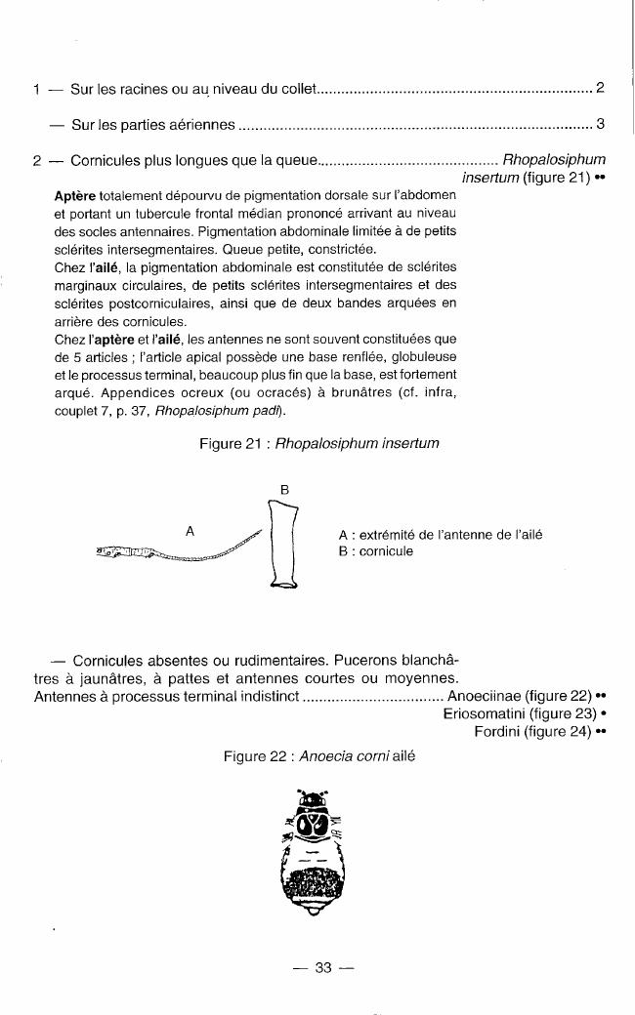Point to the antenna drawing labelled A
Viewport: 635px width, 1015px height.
[x=181, y=551]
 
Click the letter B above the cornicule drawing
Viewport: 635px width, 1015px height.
[x=284, y=489]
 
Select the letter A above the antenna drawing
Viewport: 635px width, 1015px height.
[x=190, y=530]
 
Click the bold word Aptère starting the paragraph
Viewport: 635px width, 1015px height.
[x=75, y=197]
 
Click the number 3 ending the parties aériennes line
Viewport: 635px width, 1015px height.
[x=601, y=125]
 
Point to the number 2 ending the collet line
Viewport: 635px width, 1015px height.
[x=601, y=90]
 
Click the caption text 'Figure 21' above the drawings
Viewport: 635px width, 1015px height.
[x=232, y=443]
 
